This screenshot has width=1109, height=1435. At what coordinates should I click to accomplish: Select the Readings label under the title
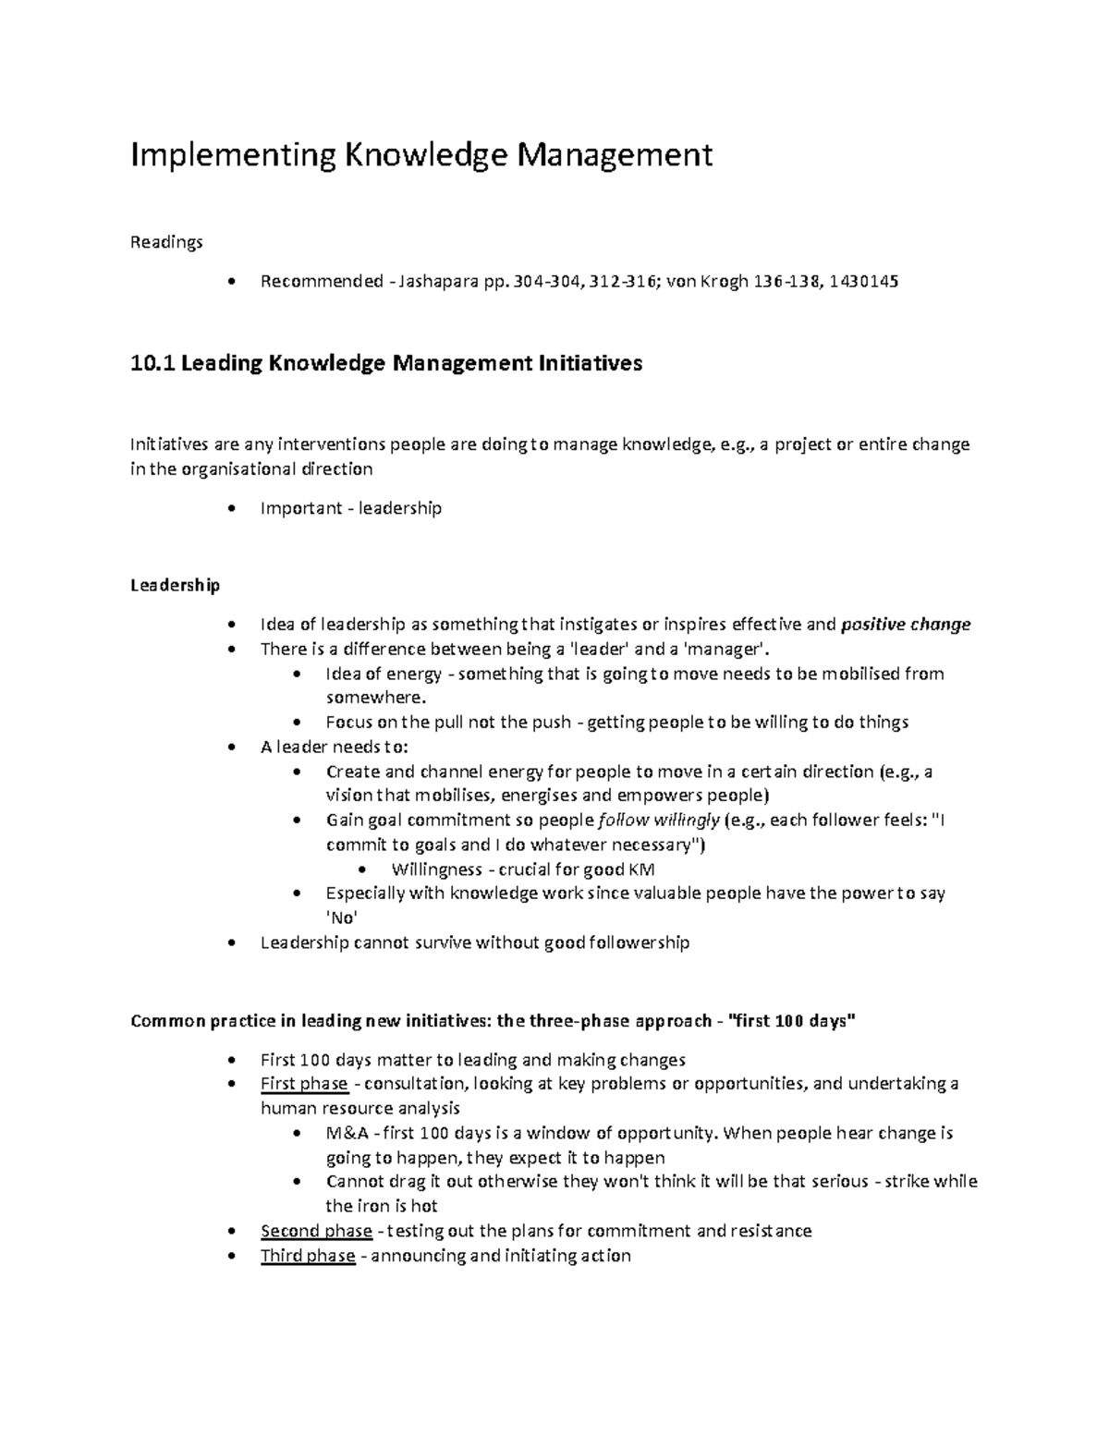[x=166, y=242]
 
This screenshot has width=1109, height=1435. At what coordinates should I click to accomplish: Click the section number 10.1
[x=152, y=364]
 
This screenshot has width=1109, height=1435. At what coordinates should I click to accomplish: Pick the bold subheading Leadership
[x=176, y=585]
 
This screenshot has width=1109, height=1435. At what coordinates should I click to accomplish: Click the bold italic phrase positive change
[x=906, y=625]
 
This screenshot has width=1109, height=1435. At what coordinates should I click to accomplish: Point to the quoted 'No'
[x=341, y=918]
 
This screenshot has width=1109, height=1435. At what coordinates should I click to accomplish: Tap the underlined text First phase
[x=304, y=1084]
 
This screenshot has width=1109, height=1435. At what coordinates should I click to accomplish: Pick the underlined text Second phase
[x=316, y=1231]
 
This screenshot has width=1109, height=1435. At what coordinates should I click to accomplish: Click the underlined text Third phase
[x=308, y=1256]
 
